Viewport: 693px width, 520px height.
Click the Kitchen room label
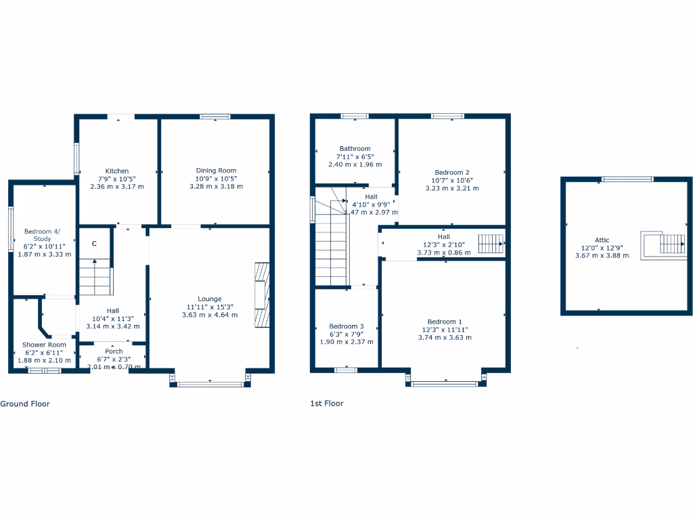116,171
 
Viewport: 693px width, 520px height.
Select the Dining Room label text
216,171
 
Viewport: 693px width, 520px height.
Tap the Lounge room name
209,299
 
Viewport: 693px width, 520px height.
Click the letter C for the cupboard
94,244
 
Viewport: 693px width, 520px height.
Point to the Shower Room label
44,345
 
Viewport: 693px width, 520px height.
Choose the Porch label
114,351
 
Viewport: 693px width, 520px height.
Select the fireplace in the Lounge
261,295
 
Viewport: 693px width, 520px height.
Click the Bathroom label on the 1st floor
355,149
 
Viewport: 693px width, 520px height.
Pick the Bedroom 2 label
451,172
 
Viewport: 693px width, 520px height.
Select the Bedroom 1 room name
445,322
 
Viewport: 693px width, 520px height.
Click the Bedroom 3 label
346,326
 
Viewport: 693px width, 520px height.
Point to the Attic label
602,240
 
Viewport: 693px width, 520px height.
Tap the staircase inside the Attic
670,242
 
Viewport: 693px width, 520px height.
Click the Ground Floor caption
25,404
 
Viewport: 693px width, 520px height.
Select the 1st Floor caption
327,404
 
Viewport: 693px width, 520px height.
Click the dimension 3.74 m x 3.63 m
445,337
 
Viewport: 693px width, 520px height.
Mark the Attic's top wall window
627,179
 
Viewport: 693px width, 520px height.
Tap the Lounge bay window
210,385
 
